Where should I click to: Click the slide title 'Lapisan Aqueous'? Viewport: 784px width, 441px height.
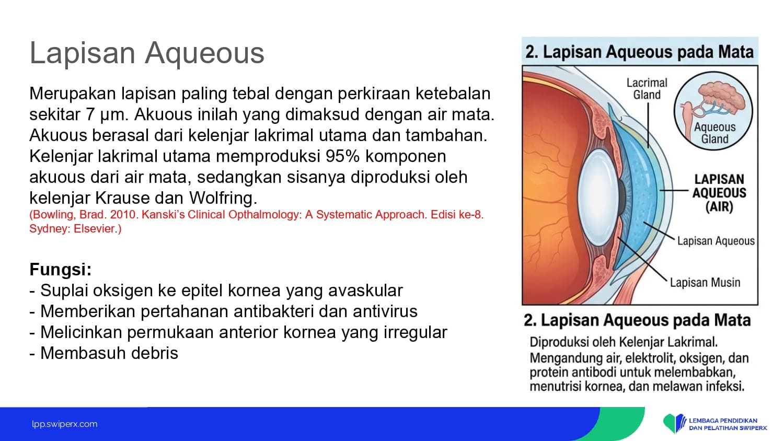coord(147,53)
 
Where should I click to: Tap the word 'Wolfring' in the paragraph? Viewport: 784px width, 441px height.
coord(223,199)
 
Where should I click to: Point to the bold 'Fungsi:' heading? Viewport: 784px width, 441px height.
coord(61,270)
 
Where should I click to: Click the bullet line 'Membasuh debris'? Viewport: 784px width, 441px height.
coord(104,353)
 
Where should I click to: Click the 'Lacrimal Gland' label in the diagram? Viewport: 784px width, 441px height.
coord(647,89)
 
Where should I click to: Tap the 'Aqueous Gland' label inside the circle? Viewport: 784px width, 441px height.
coord(714,133)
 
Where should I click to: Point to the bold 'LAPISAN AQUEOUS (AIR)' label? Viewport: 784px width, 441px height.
coord(719,193)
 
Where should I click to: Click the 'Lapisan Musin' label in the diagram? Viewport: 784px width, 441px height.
coord(705,283)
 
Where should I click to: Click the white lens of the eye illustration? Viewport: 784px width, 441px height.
coord(598,198)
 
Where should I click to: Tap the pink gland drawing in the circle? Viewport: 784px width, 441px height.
coord(721,96)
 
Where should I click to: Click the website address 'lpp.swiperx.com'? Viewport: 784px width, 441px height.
coord(65,424)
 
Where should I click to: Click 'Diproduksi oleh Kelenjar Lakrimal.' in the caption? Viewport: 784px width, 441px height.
coord(624,342)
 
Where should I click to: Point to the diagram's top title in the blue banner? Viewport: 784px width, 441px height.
coord(639,52)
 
